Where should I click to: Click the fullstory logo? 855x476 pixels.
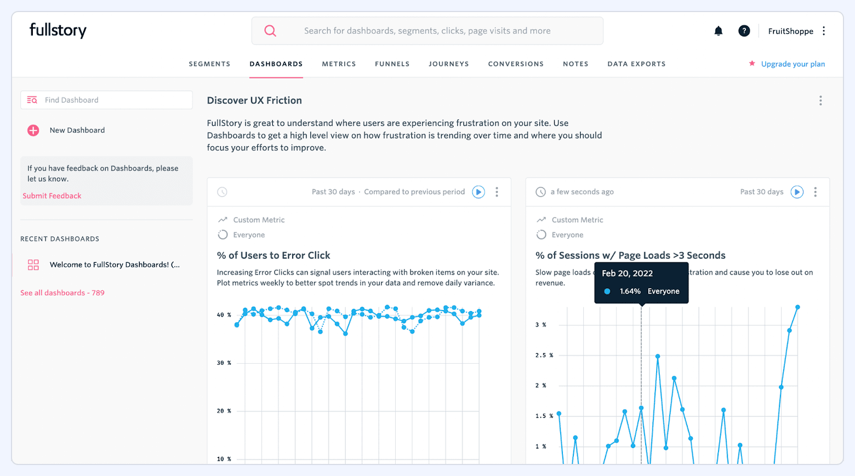click(x=58, y=31)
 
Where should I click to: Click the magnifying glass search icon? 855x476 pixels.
click(x=270, y=31)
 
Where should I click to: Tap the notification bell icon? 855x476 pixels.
click(x=718, y=31)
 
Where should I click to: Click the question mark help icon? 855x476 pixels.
click(x=744, y=31)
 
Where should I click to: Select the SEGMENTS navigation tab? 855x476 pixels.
click(x=209, y=64)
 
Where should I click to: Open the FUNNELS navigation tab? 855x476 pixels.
click(x=392, y=64)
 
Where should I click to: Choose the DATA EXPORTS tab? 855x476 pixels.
click(x=636, y=64)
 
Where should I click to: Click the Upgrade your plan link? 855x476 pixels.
click(x=793, y=64)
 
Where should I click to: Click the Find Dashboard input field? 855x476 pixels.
click(x=115, y=100)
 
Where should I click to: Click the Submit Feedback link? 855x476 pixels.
click(x=52, y=196)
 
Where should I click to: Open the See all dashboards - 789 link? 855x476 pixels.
click(x=62, y=293)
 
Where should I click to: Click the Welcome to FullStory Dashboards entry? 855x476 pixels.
click(x=115, y=265)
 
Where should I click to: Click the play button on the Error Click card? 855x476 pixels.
click(x=478, y=192)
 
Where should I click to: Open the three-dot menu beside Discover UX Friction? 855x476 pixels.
click(x=820, y=101)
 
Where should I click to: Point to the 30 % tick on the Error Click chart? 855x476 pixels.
click(x=224, y=363)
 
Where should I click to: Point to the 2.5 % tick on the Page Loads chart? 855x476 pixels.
click(x=544, y=355)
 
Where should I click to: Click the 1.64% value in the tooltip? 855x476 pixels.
click(x=630, y=291)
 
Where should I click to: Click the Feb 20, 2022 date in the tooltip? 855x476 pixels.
click(x=627, y=273)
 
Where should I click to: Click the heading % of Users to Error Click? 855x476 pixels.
click(x=273, y=255)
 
